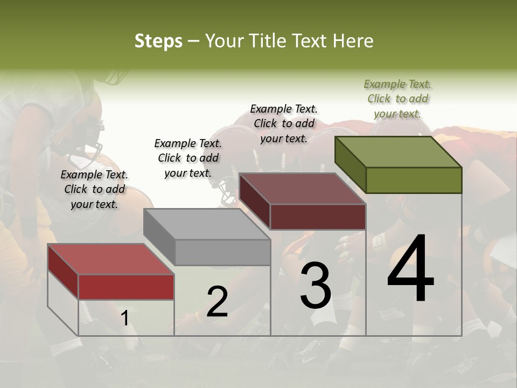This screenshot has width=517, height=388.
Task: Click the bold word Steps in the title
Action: coord(158,41)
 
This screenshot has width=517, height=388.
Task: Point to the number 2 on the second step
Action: coord(217,302)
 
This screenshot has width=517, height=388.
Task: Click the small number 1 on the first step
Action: coord(125,318)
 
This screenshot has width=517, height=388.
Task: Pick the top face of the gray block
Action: coord(207,224)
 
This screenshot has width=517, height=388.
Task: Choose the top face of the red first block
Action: coord(111,259)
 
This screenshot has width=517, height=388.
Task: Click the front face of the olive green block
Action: coord(414,180)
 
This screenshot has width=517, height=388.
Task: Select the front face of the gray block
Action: coord(222,252)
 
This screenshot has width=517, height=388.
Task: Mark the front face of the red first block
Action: coord(126,287)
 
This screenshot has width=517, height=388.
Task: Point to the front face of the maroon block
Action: coord(318,217)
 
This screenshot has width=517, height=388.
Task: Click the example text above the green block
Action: coord(397,99)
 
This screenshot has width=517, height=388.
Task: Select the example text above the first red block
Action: coord(94,189)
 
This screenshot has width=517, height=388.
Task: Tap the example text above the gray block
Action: coord(188,158)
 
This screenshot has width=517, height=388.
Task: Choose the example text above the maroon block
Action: coord(284,123)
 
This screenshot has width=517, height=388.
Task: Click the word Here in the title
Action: coord(355,41)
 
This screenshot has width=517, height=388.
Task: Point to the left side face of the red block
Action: coord(63,272)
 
